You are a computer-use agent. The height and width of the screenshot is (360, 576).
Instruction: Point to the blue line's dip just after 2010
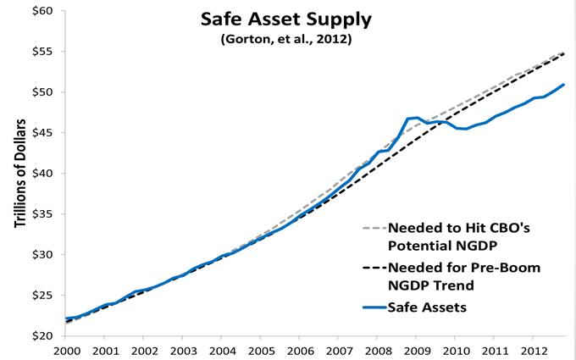click(x=465, y=129)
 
